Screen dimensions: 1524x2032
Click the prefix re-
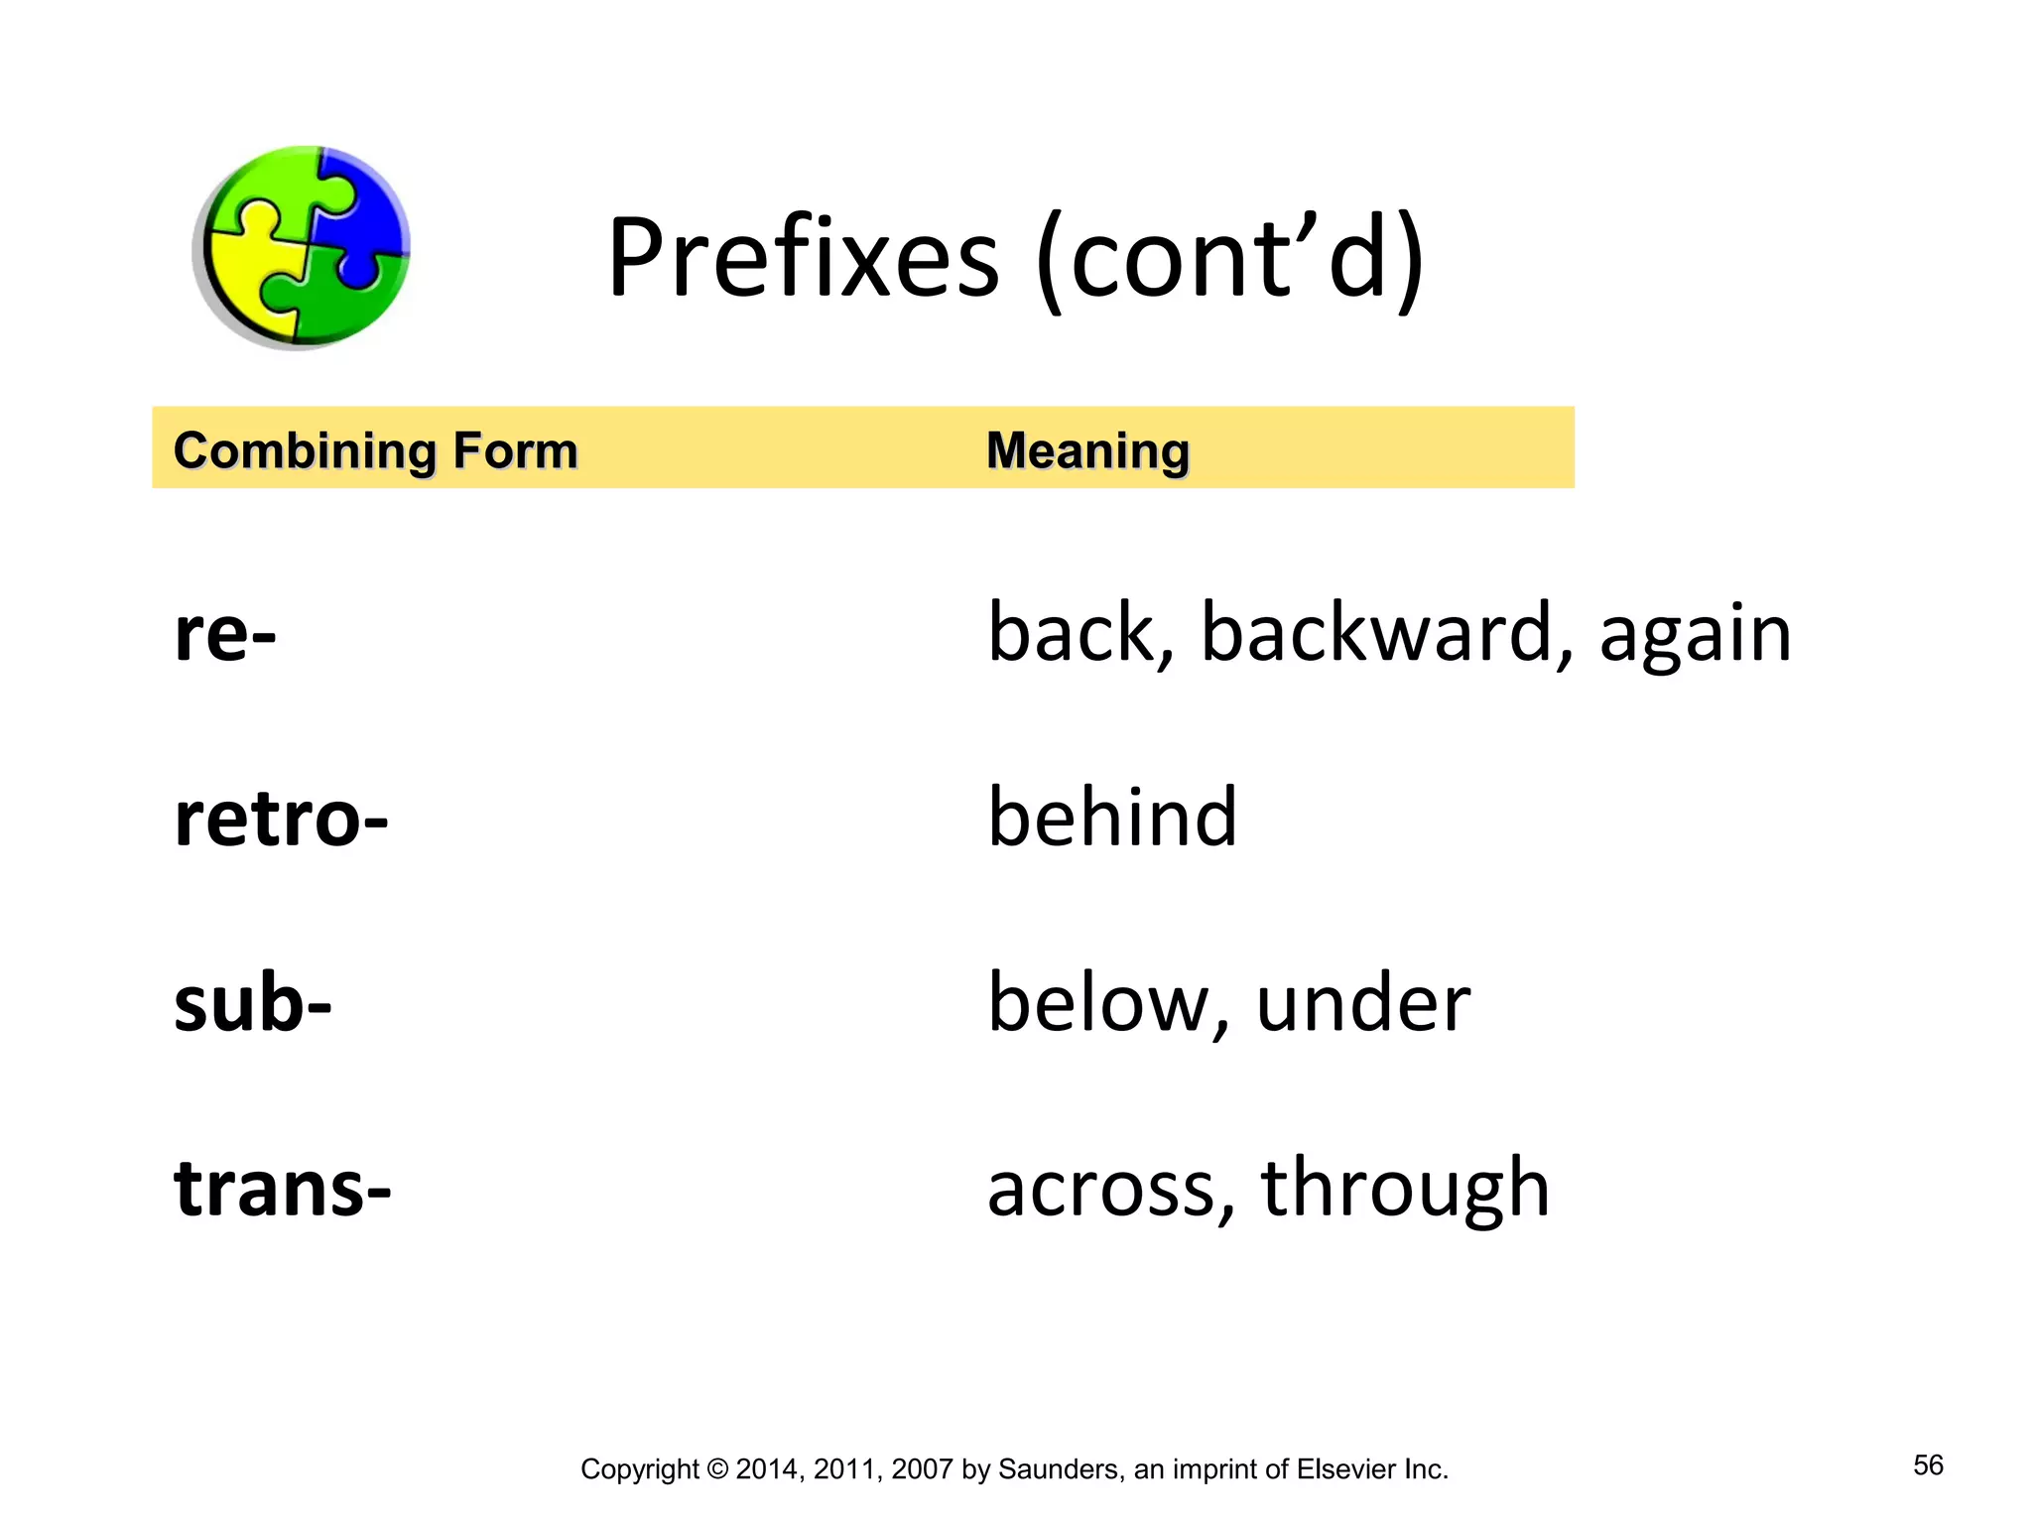tap(225, 634)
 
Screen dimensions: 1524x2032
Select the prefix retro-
tap(281, 820)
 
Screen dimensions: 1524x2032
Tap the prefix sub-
tap(252, 1004)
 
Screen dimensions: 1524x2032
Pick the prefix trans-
tap(283, 1189)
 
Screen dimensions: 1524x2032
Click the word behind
tap(1112, 818)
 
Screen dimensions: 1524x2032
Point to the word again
tap(1695, 636)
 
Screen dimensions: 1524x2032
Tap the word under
tap(1362, 1004)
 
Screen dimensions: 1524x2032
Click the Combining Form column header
tap(375, 451)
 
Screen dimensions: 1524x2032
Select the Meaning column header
tap(1087, 451)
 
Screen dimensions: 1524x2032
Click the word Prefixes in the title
tap(804, 258)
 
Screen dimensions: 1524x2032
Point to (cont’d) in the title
tap(1230, 258)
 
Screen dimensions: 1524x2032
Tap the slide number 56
tap(1928, 1465)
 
